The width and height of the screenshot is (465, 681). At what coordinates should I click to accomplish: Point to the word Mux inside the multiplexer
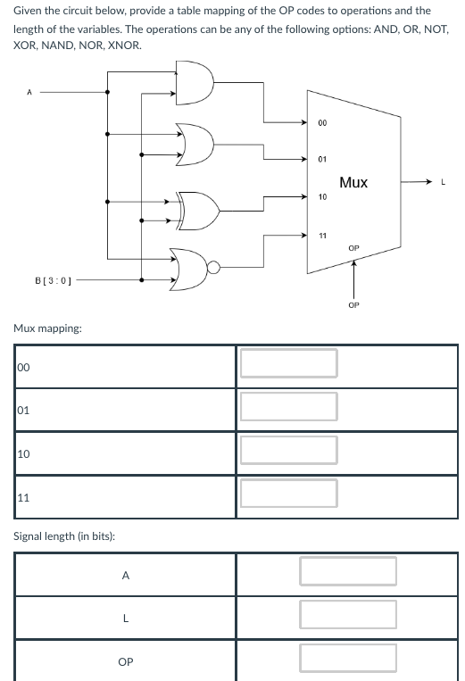click(x=353, y=182)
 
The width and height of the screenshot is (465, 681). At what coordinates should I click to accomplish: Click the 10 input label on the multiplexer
click(x=322, y=196)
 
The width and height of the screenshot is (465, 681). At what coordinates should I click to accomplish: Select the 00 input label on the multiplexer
click(x=322, y=123)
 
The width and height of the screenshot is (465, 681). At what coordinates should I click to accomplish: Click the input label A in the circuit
click(x=29, y=90)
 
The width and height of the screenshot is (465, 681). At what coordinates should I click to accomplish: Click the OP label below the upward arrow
click(x=353, y=304)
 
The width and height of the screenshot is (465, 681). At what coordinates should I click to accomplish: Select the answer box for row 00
click(x=287, y=363)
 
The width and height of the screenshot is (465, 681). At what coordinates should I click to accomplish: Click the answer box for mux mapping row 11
click(x=287, y=493)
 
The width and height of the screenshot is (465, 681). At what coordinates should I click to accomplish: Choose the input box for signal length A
click(x=347, y=571)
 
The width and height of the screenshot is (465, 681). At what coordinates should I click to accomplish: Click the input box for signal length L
click(x=347, y=614)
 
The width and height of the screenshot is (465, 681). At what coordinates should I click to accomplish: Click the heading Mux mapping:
click(x=47, y=328)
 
